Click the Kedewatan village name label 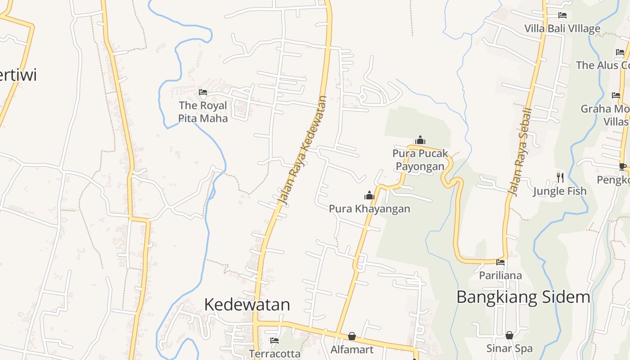click(x=247, y=305)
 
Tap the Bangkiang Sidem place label click(x=523, y=297)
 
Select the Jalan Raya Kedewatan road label click(x=301, y=150)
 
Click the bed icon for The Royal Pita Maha click(x=203, y=93)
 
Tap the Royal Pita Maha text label click(x=203, y=112)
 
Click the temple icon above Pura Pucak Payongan click(x=420, y=140)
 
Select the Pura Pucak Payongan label click(x=420, y=160)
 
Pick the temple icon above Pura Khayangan click(x=369, y=195)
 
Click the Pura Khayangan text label click(x=369, y=209)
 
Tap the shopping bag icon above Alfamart click(x=352, y=336)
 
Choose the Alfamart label click(x=352, y=350)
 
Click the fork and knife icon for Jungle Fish click(x=560, y=178)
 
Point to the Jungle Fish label click(x=560, y=191)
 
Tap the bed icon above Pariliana click(x=500, y=262)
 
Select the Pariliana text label click(x=500, y=275)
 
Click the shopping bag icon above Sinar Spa click(x=509, y=335)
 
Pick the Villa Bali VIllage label click(x=562, y=29)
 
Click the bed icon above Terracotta click(x=274, y=341)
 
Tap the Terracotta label click(x=274, y=354)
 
